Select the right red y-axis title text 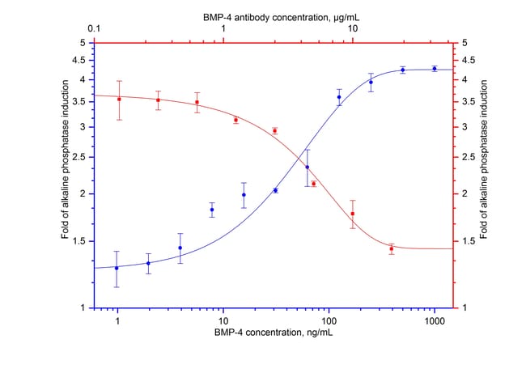[483, 175]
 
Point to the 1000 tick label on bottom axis [435, 320]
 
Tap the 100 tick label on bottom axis [329, 320]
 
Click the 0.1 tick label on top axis [95, 29]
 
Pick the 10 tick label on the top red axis [353, 29]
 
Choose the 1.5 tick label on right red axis [467, 241]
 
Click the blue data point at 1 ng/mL [117, 268]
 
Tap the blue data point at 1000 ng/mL [435, 69]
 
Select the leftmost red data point [120, 100]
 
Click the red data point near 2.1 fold [313, 184]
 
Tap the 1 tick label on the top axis [224, 29]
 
